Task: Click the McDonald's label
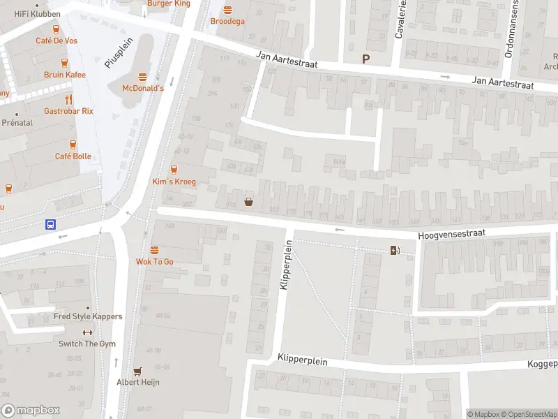coord(143,88)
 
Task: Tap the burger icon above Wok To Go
coord(154,250)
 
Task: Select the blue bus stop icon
coord(51,224)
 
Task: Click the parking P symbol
coord(364,59)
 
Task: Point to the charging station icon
coord(395,251)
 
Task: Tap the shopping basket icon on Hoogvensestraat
coord(248,203)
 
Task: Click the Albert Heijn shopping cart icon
coord(137,372)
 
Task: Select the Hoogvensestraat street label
coord(451,236)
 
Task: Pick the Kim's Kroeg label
coord(174,182)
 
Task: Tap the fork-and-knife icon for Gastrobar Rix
coord(68,100)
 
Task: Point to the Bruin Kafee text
coord(64,75)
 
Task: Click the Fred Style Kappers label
coord(88,316)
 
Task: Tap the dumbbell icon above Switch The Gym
coord(87,332)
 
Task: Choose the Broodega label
coord(227,22)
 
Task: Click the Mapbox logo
coord(31,411)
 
